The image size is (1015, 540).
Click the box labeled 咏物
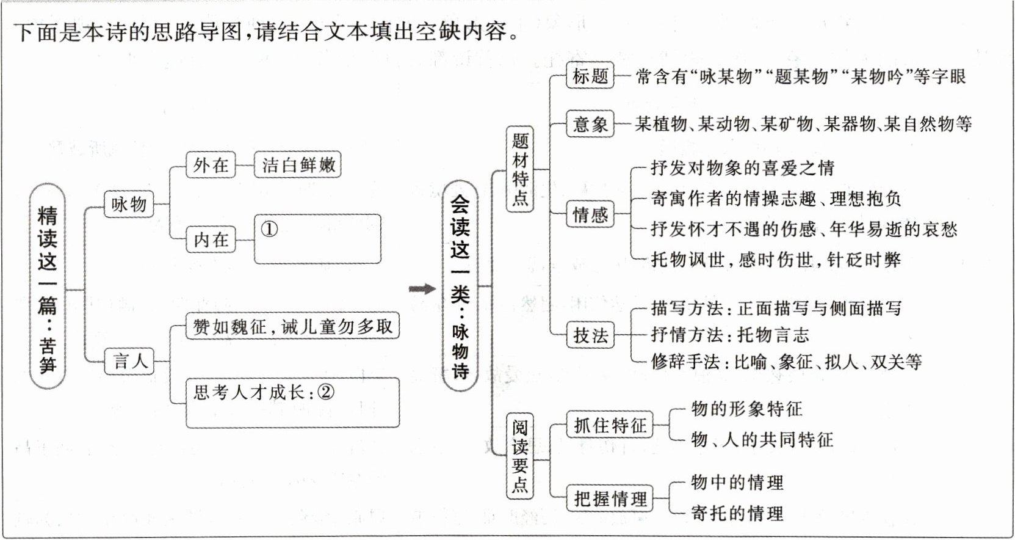point(129,204)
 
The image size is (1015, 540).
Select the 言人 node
point(131,361)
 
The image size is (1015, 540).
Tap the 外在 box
point(211,165)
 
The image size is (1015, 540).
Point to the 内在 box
point(211,240)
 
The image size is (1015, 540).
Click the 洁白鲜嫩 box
point(298,165)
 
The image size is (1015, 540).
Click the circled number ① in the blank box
point(269,229)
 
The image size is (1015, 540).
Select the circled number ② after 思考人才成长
point(327,392)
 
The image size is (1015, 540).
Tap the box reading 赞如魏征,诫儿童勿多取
point(292,327)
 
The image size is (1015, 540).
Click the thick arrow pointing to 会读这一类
point(422,289)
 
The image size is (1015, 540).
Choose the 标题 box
point(590,76)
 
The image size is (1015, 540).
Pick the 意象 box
point(590,125)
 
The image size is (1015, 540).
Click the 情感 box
point(590,214)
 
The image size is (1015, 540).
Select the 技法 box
point(590,335)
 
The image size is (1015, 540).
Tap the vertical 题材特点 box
point(520,169)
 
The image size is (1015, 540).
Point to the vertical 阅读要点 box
point(520,456)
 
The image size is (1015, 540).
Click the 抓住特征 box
point(610,425)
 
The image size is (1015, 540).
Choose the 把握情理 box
point(610,498)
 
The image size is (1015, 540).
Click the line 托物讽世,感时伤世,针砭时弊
point(775,260)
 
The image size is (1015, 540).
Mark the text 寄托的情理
point(737,513)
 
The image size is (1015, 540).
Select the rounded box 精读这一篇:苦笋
point(48,286)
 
